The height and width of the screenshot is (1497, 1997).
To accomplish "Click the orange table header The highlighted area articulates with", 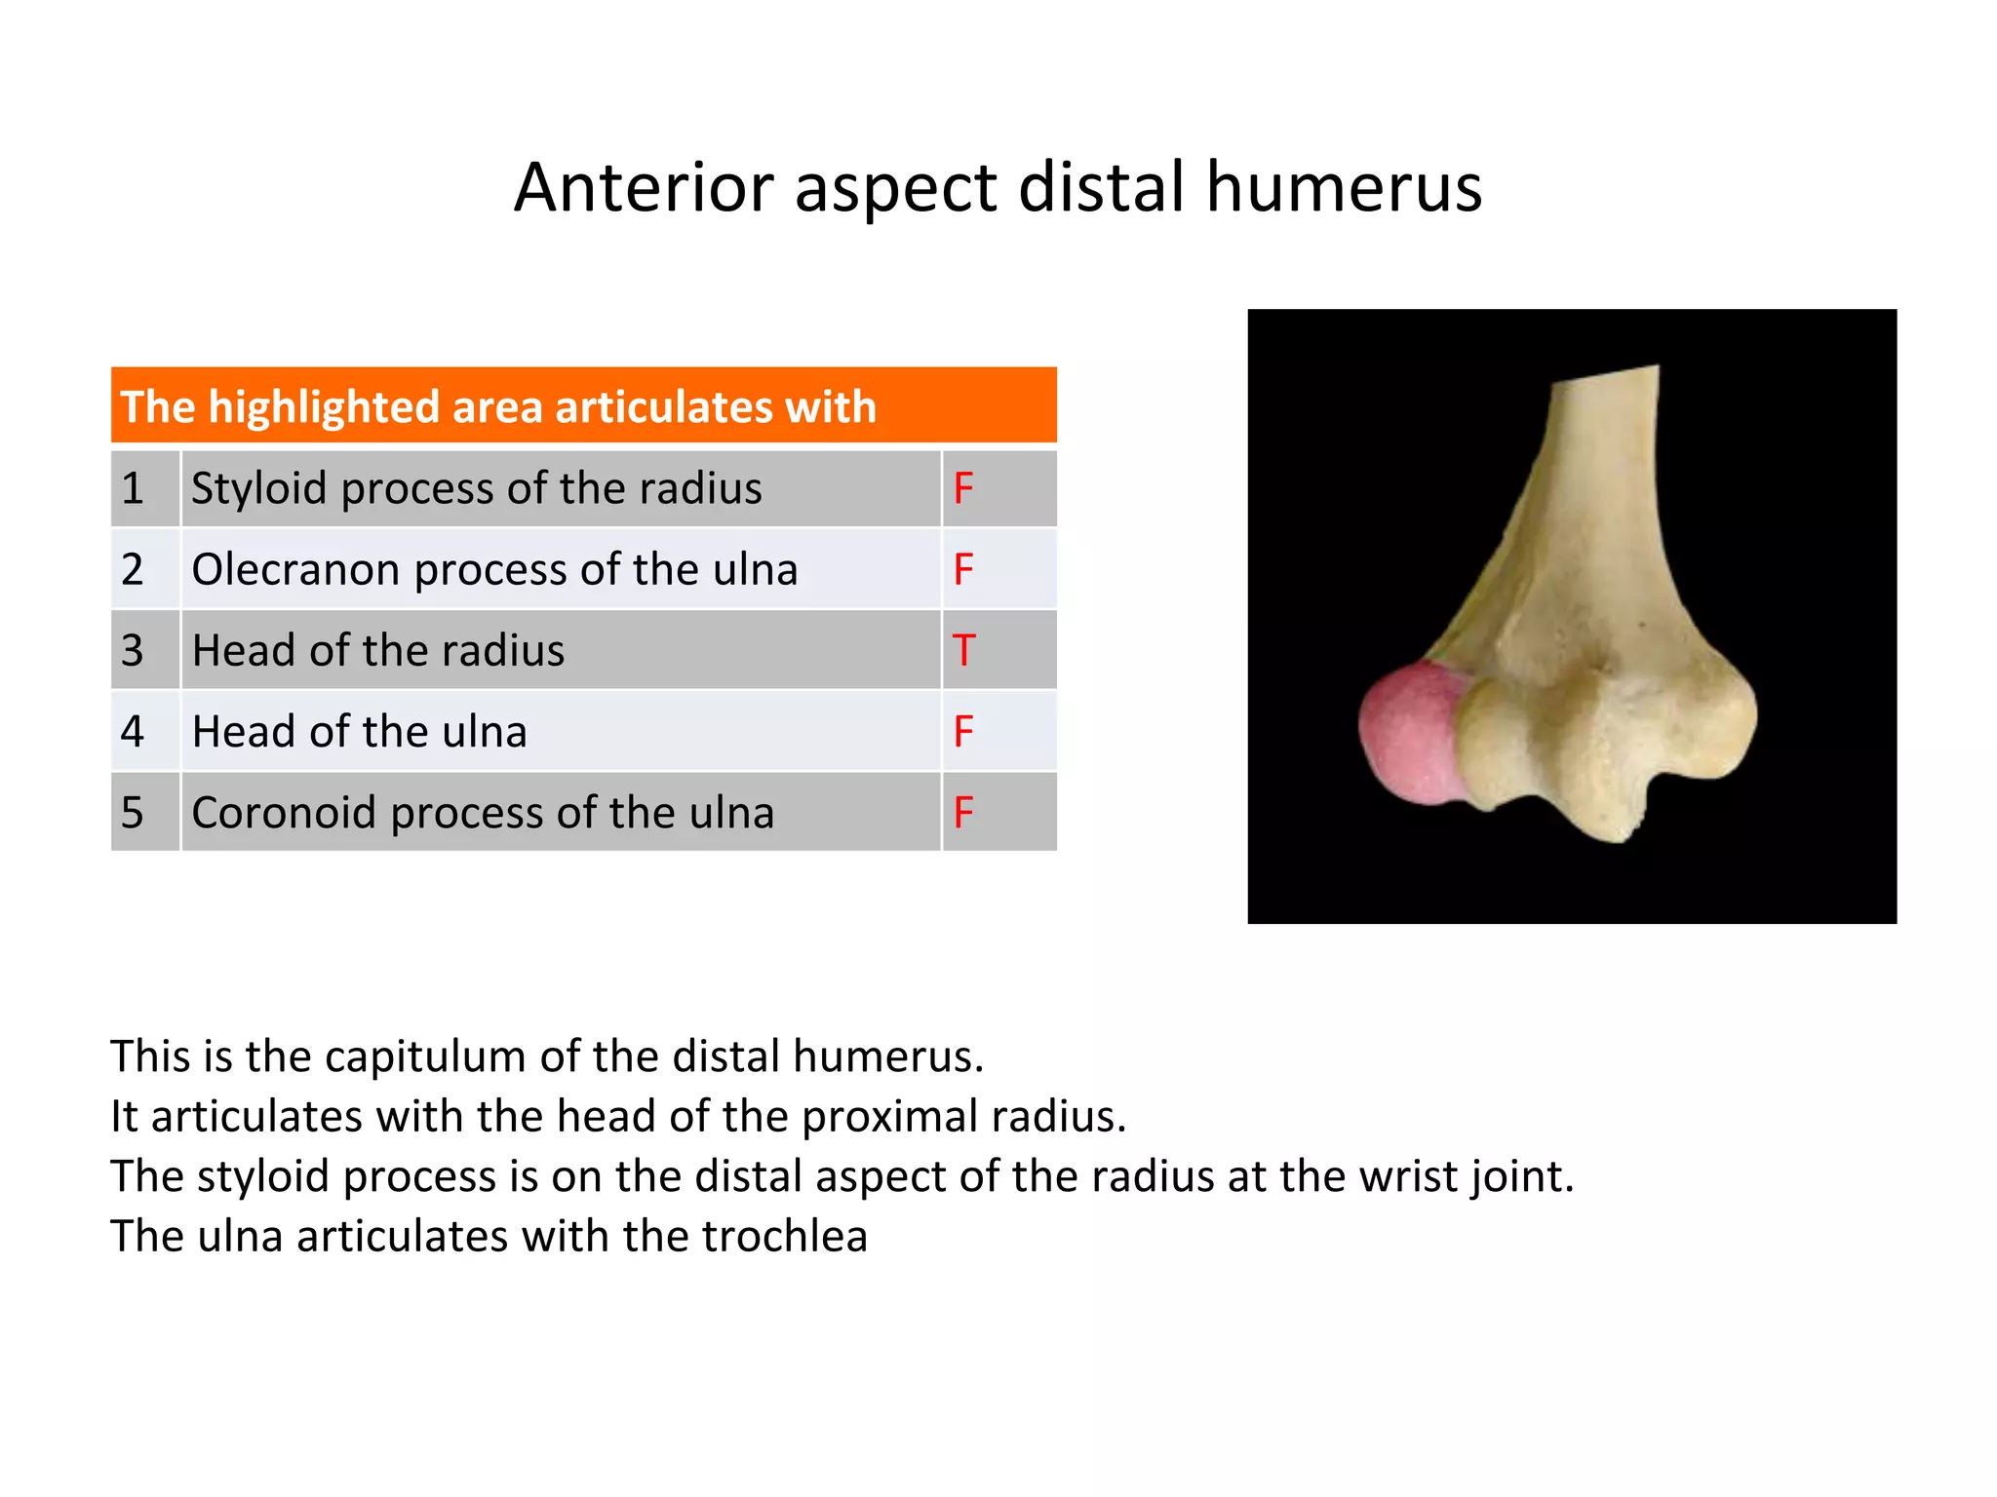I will [x=497, y=406].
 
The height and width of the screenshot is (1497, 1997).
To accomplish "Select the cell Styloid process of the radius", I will [x=476, y=488].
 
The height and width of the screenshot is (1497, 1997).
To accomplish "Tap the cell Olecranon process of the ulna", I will [x=494, y=569].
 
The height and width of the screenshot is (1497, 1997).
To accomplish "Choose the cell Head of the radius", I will [x=377, y=650].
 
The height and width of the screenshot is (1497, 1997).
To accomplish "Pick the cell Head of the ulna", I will [x=359, y=731].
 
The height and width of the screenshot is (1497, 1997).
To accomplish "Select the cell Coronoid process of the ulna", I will [x=483, y=812].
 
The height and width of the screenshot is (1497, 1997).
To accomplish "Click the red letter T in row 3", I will [x=963, y=650].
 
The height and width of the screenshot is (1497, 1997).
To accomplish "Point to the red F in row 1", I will [x=963, y=488].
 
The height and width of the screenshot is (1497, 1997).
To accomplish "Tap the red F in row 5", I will [x=963, y=812].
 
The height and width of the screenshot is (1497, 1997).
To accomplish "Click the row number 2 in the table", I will [x=133, y=569].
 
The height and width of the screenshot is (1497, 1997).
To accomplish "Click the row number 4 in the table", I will [x=133, y=731].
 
